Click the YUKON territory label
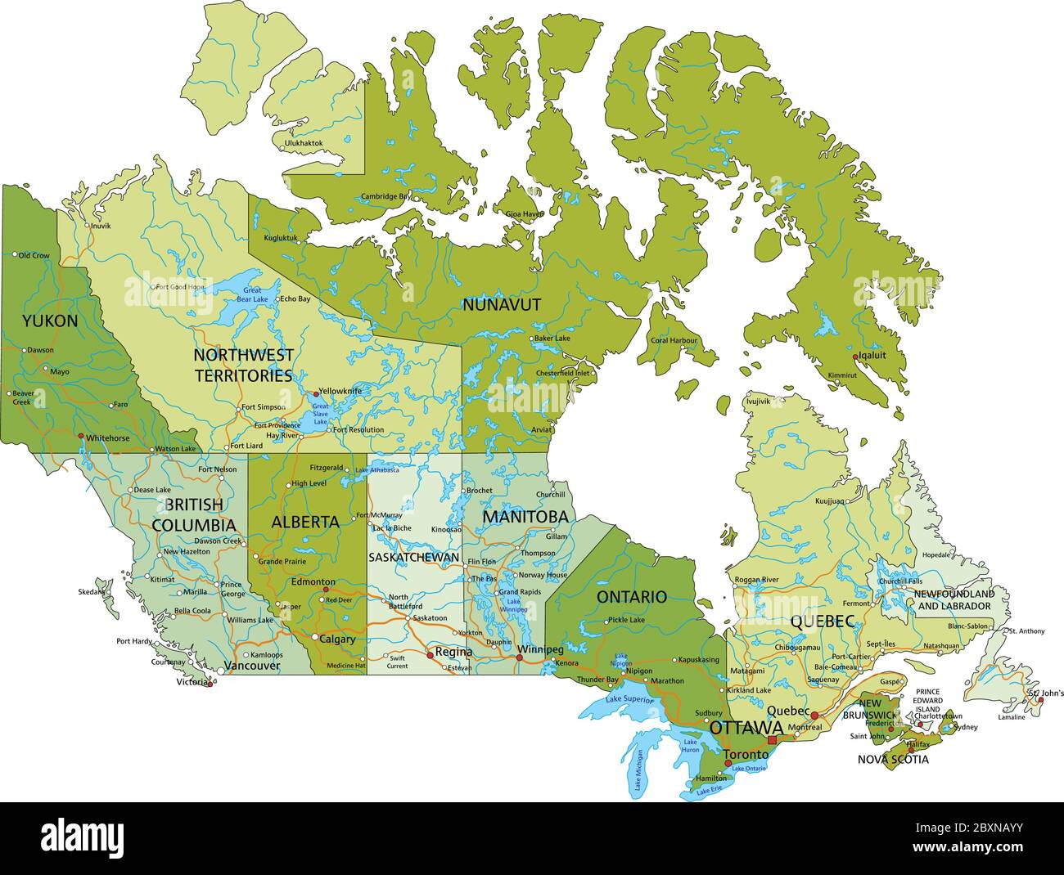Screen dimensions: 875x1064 click(50, 321)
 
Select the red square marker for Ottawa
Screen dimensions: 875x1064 click(772, 717)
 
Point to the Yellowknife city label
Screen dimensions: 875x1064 click(340, 391)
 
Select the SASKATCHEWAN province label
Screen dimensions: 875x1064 click(413, 557)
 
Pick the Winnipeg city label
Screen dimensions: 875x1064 click(541, 649)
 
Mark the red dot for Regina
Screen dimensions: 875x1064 click(430, 654)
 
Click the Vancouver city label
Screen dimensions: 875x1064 click(252, 666)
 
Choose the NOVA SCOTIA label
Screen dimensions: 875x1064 click(893, 759)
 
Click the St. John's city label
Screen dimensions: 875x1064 click(1046, 693)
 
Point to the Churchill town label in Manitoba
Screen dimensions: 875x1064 click(550, 495)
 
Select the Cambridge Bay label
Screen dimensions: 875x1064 click(385, 196)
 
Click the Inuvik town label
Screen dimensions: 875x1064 click(100, 226)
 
